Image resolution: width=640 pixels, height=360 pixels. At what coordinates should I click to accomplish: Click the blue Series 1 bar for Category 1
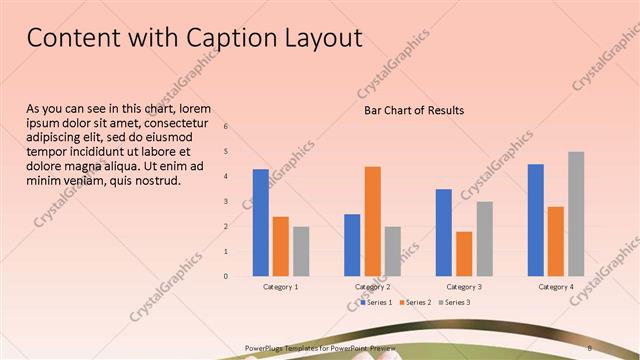pyautogui.click(x=260, y=222)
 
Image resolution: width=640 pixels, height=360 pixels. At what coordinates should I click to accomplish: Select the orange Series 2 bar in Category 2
pyautogui.click(x=372, y=220)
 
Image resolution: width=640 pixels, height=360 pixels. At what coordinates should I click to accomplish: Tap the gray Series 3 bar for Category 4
pyautogui.click(x=576, y=213)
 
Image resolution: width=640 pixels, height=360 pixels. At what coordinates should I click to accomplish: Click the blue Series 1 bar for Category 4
pyautogui.click(x=535, y=219)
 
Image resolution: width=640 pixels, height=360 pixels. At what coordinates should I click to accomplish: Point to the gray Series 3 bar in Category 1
pyautogui.click(x=301, y=250)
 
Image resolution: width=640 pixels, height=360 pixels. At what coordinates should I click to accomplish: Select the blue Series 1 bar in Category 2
pyautogui.click(x=352, y=244)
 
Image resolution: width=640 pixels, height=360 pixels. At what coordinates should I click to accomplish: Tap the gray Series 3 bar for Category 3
pyautogui.click(x=484, y=238)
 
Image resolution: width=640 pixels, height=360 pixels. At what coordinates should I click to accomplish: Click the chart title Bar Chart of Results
pyautogui.click(x=413, y=110)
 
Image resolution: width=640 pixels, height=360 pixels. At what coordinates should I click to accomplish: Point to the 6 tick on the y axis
pyautogui.click(x=226, y=127)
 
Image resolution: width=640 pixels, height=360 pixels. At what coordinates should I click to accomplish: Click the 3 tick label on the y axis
pyautogui.click(x=226, y=201)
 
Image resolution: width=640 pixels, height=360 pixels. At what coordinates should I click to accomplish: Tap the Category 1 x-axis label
pyautogui.click(x=280, y=287)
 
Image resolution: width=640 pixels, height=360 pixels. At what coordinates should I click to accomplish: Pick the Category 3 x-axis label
pyautogui.click(x=464, y=287)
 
